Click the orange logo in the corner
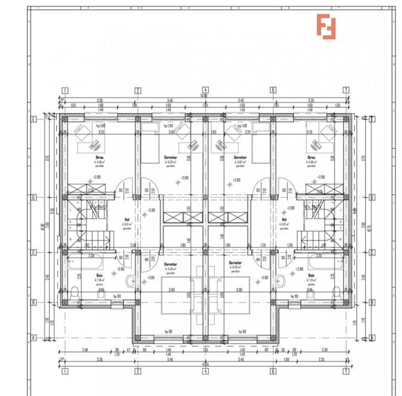click(x=326, y=26)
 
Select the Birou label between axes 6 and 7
click(x=311, y=157)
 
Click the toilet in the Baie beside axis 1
click(x=75, y=292)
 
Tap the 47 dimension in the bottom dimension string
click(x=128, y=350)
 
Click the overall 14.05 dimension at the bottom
click(x=205, y=364)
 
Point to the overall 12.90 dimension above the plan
click(x=204, y=95)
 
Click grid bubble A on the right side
click(x=373, y=338)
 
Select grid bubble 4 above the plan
click(x=205, y=90)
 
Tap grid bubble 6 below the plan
click(x=273, y=371)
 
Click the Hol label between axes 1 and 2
click(x=127, y=219)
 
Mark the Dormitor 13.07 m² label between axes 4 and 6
click(x=240, y=157)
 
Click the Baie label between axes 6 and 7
click(x=311, y=275)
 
